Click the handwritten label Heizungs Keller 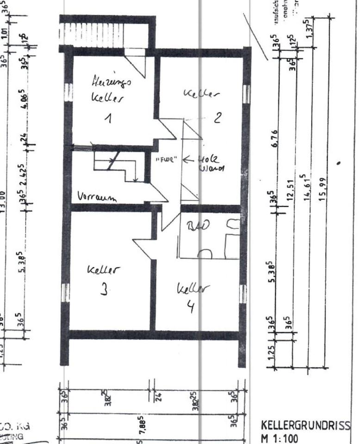point(111,90)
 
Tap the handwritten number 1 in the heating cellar point(107,119)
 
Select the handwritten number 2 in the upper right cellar point(217,117)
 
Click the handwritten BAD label point(198,226)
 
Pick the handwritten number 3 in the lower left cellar point(105,290)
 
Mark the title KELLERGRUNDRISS point(306,425)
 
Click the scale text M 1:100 point(280,437)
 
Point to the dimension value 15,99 point(323,186)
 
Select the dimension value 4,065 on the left point(25,101)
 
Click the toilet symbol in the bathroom point(204,253)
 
